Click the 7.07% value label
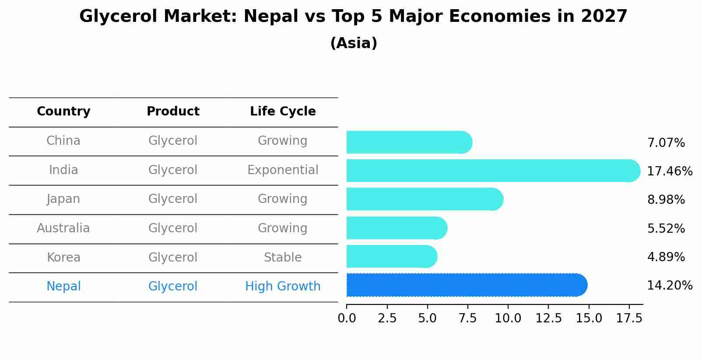click(666, 143)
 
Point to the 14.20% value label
click(669, 286)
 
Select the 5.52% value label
click(666, 228)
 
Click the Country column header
click(63, 112)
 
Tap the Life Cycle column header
click(283, 112)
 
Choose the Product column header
click(173, 112)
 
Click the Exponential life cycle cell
click(283, 170)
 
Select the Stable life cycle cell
click(283, 258)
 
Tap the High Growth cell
click(283, 287)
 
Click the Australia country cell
click(63, 228)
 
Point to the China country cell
click(63, 141)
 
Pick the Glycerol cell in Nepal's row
click(173, 287)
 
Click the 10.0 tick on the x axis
click(508, 318)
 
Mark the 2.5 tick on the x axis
click(387, 318)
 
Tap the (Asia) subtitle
click(354, 43)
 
